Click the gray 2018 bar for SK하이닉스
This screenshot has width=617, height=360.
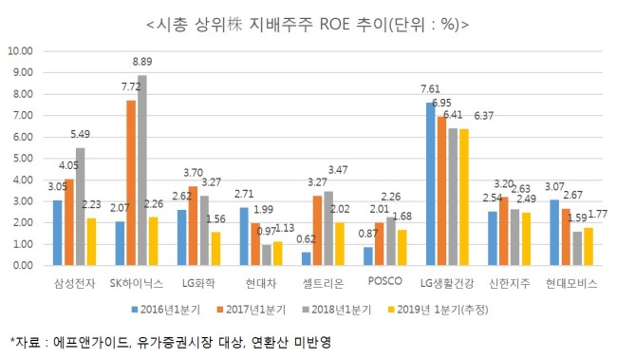pos(142,170)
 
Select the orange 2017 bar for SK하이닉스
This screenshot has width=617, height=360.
pos(131,182)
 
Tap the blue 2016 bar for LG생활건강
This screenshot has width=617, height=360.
pos(431,184)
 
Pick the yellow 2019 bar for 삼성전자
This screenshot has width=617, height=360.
pos(91,241)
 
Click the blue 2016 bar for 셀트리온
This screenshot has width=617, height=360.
pos(307,258)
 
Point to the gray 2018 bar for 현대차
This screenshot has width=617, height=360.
pos(267,255)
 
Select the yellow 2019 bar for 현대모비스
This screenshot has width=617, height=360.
pos(589,246)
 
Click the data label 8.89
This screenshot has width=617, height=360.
pos(142,62)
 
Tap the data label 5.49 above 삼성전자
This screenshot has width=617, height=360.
pos(81,134)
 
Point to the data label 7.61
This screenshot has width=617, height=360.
pos(430,89)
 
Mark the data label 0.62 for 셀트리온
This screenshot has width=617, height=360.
pos(306,239)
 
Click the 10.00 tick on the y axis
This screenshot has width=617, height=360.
pos(20,51)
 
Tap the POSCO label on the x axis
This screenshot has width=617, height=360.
pos(384,281)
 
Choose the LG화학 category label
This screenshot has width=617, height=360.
pos(198,283)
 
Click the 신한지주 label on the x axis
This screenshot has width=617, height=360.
pos(509,283)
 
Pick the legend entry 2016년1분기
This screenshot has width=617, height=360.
pos(166,310)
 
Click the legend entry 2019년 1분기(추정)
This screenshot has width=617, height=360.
pos(438,310)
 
